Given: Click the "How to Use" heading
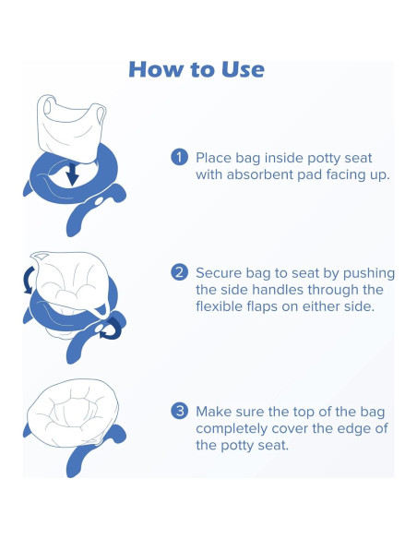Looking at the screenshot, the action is (x=197, y=69).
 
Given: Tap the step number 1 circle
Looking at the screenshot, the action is (x=179, y=157).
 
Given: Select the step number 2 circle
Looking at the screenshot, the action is (x=179, y=272).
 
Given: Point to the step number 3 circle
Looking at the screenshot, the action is (x=179, y=411).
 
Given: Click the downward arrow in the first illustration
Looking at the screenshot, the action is (x=72, y=174).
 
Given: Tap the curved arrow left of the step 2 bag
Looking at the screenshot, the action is (x=28, y=281).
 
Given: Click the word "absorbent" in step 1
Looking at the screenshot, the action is (x=260, y=174).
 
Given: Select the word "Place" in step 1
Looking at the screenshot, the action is (x=214, y=158).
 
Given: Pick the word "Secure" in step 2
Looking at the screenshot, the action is (x=219, y=273).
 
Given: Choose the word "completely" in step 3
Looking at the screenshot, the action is (x=232, y=429).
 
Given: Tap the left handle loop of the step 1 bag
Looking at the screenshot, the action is (x=47, y=104).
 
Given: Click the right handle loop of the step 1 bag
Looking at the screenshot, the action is (x=101, y=114).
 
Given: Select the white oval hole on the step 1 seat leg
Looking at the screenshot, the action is (x=99, y=201).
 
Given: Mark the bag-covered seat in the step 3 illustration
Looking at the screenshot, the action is (x=73, y=413).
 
